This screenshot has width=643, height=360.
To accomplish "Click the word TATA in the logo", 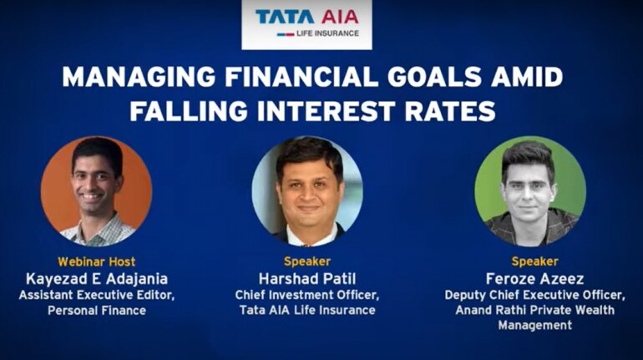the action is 285,17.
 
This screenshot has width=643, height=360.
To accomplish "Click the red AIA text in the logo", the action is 340,17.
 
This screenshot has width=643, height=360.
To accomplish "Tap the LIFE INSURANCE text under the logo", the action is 327,33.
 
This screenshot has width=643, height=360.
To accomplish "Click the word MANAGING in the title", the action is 139,77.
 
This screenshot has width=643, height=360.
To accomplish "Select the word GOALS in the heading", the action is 434,77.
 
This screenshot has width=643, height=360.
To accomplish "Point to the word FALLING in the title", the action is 189,111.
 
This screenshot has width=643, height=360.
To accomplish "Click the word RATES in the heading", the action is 450,111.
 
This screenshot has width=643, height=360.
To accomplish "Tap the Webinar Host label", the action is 96,261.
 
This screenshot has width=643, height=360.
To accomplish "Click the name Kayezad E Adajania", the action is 97,279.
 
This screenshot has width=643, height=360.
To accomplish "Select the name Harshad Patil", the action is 307,279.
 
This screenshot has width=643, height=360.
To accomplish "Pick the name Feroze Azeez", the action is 534,279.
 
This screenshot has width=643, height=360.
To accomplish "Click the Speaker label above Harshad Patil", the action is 307,261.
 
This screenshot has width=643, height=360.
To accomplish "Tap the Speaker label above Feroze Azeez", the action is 534,261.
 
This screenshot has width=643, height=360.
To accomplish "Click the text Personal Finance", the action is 97,311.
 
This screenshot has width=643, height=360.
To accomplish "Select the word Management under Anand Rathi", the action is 534,326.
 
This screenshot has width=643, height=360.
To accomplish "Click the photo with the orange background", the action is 96,191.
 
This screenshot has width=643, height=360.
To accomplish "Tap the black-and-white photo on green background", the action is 530,191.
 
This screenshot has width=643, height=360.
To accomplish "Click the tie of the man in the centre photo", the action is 305,245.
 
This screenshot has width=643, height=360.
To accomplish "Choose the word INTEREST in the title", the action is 326,111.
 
